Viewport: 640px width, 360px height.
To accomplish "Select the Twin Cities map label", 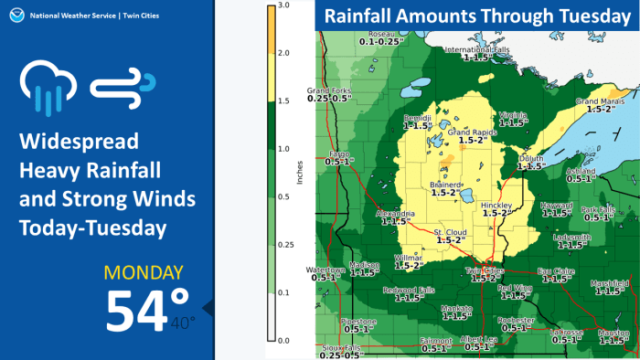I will pyautogui.click(x=485, y=271).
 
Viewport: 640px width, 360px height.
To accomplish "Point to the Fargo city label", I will pyautogui.click(x=339, y=154).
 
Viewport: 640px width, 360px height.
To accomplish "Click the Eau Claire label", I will pyautogui.click(x=556, y=271).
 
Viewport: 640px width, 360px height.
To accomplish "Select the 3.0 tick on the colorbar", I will pyautogui.click(x=284, y=5).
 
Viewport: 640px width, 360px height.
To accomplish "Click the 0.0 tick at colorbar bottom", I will pyautogui.click(x=284, y=340).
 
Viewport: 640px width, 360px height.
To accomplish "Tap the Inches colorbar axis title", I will pyautogui.click(x=300, y=174).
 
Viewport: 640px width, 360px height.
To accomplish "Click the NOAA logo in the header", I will pyautogui.click(x=13, y=13).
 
